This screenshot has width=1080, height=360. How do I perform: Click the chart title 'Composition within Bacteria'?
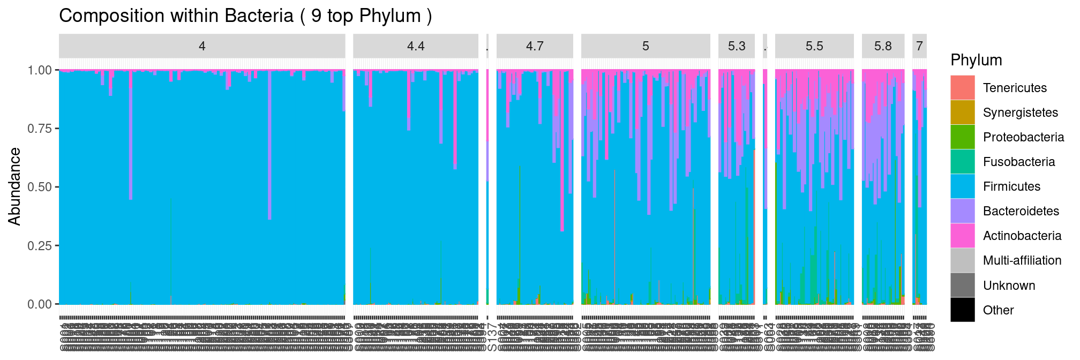(245, 16)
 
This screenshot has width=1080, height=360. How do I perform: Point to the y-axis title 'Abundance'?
(14, 186)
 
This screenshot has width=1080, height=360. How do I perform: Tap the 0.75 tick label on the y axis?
(40, 129)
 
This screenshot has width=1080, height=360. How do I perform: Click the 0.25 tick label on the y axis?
(40, 245)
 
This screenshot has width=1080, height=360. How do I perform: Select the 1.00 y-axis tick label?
(40, 70)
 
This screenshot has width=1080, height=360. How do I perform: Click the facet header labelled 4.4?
(416, 46)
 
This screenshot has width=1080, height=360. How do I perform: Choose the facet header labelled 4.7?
(535, 46)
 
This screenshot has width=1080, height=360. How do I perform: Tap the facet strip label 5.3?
(737, 46)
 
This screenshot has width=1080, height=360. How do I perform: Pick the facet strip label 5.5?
(814, 46)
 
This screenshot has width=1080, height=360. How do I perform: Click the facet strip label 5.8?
(883, 46)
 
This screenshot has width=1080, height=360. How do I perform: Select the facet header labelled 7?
(919, 46)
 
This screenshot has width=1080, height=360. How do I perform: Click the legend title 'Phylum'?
(976, 60)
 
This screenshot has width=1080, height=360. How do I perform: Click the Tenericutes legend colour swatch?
(963, 88)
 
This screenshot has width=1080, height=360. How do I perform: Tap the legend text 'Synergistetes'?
(1021, 112)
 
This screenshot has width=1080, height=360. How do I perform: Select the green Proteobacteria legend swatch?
(963, 137)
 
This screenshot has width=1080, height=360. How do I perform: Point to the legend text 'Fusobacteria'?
(1019, 162)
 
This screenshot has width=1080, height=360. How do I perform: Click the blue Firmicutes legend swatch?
(963, 186)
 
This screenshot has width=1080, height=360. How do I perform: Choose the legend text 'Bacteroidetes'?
(1021, 211)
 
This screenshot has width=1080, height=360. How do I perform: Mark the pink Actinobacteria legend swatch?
(963, 236)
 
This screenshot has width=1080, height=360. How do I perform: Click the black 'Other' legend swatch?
(963, 310)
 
